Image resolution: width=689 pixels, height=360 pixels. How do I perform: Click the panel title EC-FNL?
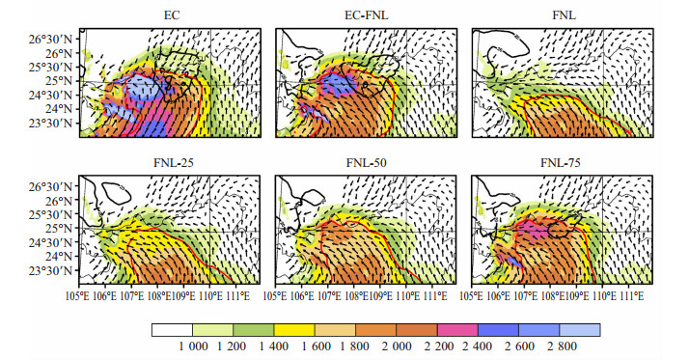[x=366, y=15]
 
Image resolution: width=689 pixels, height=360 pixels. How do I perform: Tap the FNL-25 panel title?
[x=174, y=163]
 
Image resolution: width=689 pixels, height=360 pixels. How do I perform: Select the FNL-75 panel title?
[x=561, y=163]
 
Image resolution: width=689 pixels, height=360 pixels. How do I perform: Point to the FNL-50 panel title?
[x=366, y=163]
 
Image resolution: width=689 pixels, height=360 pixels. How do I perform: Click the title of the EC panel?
[x=172, y=15]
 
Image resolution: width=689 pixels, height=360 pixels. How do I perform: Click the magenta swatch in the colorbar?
[x=457, y=330]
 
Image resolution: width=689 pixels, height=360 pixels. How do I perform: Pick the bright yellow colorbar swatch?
[x=294, y=330]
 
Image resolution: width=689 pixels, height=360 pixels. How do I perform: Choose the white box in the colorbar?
[x=172, y=330]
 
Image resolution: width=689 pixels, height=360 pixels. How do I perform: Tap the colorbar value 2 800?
[x=562, y=346]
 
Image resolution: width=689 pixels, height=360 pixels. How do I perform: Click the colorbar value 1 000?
[x=193, y=346]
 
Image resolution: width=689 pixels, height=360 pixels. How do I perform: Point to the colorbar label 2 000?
[x=397, y=346]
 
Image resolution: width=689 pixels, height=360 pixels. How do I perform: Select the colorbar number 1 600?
[x=316, y=346]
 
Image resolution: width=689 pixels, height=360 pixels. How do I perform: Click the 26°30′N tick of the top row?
[x=50, y=40]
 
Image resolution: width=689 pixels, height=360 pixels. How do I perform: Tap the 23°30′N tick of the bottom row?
[x=50, y=270]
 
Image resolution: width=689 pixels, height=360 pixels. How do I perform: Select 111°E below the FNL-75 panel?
[x=631, y=296]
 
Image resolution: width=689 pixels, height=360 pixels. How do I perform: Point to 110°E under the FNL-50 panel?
[x=408, y=296]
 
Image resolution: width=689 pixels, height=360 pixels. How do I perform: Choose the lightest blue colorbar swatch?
[x=580, y=330]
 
